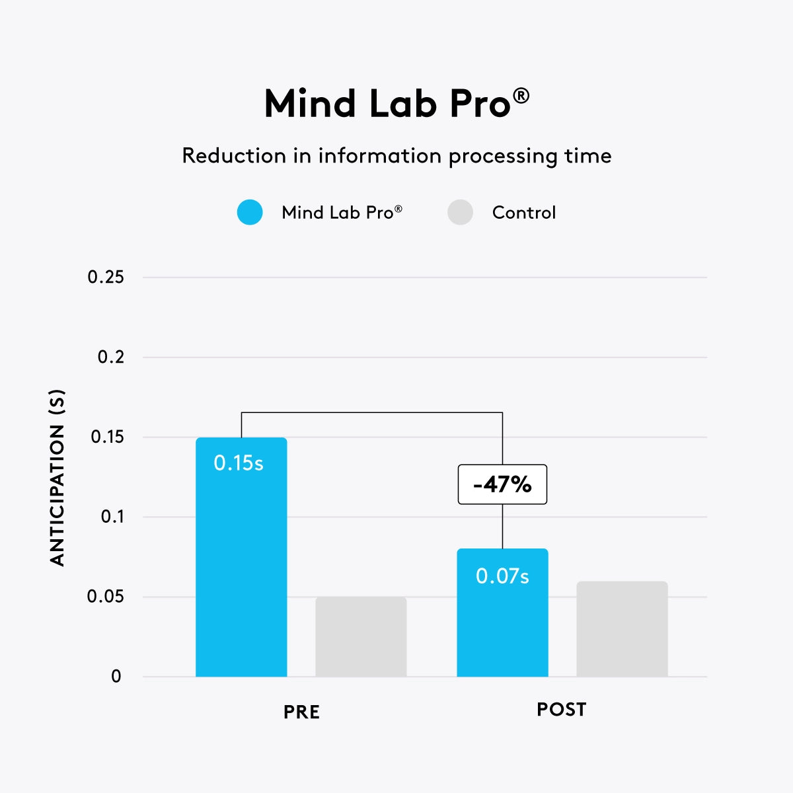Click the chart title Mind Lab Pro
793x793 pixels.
click(397, 104)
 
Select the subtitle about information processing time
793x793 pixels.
click(397, 156)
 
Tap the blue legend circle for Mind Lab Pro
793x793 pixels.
click(250, 212)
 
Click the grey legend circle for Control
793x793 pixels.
click(460, 212)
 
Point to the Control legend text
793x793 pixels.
click(524, 212)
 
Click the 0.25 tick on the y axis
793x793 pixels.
click(106, 277)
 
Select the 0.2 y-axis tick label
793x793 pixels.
click(111, 357)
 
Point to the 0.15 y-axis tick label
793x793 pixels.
click(107, 437)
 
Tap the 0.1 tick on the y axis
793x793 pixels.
click(112, 517)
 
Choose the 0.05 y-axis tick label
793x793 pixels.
click(106, 597)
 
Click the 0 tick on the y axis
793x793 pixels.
click(116, 677)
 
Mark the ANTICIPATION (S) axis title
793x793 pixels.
click(58, 478)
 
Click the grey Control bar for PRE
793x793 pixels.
click(361, 637)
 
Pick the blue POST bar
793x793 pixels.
click(502, 628)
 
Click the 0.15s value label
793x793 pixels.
click(239, 463)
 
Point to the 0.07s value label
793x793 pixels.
click(502, 576)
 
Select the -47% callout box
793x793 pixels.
click(502, 484)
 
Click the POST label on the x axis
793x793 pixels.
click(561, 709)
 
